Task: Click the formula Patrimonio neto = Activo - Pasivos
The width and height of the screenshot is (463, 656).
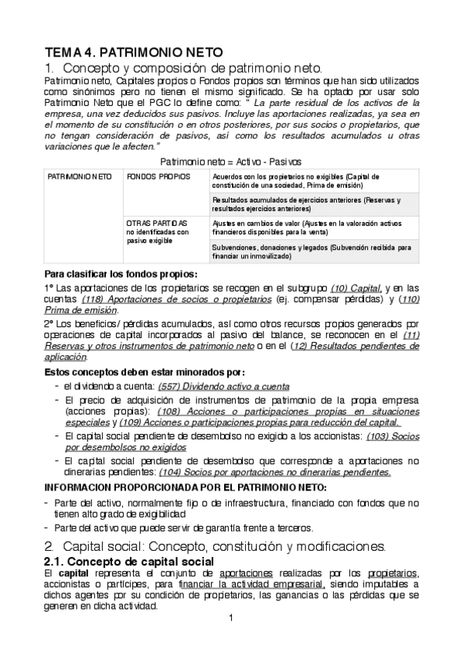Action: (230, 161)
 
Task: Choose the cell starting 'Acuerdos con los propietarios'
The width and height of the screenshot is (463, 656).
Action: (309, 182)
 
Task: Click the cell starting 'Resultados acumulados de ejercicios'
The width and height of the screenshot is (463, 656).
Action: (309, 204)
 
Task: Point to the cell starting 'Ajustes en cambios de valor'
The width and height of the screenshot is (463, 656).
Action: (309, 227)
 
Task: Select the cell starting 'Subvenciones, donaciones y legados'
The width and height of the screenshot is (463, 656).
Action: (309, 251)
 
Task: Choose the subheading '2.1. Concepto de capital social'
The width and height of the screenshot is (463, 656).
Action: (128, 560)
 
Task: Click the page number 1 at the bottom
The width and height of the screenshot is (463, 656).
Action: (231, 618)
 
